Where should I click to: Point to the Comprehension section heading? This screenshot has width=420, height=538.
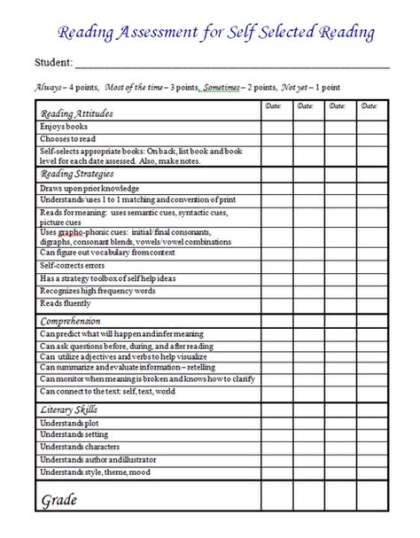[x=71, y=320]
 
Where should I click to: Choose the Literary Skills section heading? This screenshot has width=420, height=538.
[x=69, y=409]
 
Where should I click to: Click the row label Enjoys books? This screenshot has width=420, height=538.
[x=64, y=127]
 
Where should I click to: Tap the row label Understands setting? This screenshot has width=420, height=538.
[x=75, y=435]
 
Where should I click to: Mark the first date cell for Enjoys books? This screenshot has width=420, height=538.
[x=276, y=127]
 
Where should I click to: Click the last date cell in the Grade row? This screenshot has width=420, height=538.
[x=371, y=501]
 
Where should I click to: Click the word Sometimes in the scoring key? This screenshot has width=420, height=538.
[x=222, y=88]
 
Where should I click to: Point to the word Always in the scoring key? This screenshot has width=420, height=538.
[x=48, y=88]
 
